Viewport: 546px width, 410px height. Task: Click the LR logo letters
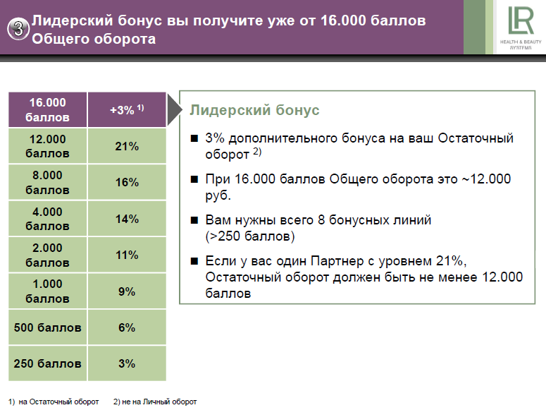[x=521, y=20]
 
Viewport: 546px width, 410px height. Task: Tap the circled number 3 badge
[x=18, y=29]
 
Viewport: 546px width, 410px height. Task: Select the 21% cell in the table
[x=127, y=146]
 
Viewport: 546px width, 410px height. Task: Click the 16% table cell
[x=127, y=182]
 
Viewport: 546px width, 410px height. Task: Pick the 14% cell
[x=127, y=219]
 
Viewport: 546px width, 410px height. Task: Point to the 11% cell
[x=127, y=255]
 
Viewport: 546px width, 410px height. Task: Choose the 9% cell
[x=127, y=291]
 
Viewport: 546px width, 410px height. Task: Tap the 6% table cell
[x=127, y=327]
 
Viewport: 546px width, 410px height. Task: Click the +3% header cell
[x=127, y=109]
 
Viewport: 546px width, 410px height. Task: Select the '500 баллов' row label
[x=47, y=327]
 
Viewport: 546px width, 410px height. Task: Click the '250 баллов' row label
[x=47, y=363]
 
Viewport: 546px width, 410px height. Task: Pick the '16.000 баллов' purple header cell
[x=47, y=109]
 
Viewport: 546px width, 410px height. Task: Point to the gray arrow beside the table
[x=175, y=109]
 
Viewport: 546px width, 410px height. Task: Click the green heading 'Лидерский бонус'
[x=254, y=110]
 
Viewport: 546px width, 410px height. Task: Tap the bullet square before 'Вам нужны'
[x=194, y=220]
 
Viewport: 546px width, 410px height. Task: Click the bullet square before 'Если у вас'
[x=194, y=261]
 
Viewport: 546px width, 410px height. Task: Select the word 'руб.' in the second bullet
[x=218, y=195]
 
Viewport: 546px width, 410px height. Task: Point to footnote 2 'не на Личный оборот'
[x=155, y=402]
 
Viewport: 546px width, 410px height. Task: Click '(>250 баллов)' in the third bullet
[x=250, y=236]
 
